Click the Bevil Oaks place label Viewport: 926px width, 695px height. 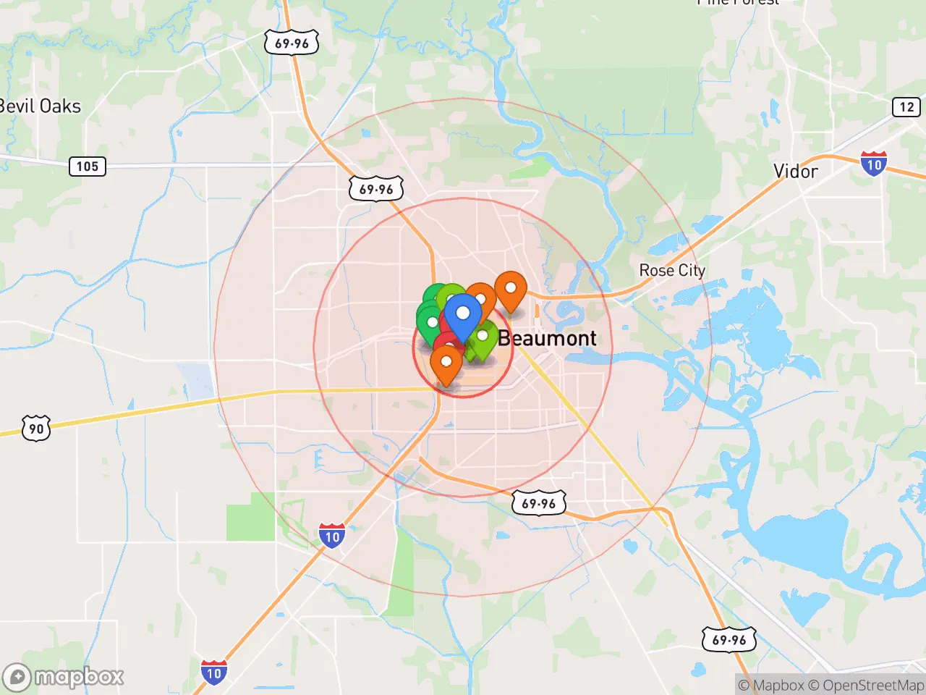[40, 106]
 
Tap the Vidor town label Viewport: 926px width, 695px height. [795, 172]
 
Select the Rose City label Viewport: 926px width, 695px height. [671, 270]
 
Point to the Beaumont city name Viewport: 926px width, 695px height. [547, 338]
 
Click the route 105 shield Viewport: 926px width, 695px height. [87, 167]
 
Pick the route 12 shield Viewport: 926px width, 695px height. [906, 107]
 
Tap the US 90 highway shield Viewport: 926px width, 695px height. [36, 429]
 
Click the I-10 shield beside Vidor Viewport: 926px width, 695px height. [874, 164]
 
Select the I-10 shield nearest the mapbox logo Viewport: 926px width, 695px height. [213, 673]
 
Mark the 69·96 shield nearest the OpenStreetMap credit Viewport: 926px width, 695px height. [729, 640]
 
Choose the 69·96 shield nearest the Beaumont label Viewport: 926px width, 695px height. [539, 503]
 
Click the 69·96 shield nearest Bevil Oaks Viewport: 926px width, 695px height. [292, 43]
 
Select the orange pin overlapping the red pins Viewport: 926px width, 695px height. [446, 362]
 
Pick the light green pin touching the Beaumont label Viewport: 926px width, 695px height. [483, 337]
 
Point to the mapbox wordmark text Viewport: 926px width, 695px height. [79, 678]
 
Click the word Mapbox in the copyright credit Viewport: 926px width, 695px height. [778, 685]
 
